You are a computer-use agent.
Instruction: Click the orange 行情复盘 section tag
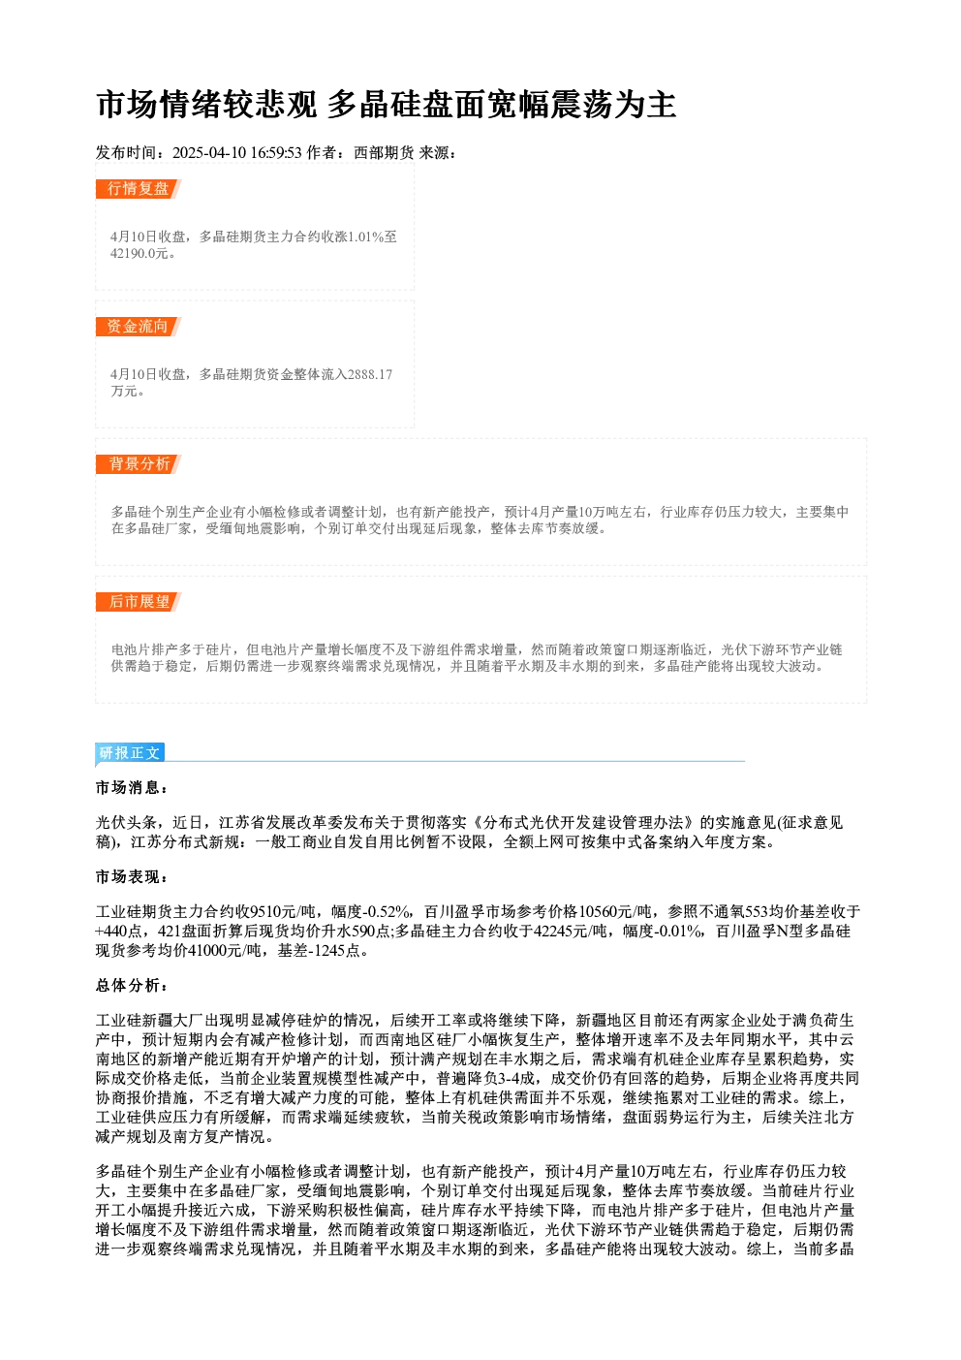click(x=139, y=189)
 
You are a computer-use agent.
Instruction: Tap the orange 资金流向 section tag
click(x=139, y=327)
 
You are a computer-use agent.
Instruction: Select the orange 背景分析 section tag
click(x=139, y=464)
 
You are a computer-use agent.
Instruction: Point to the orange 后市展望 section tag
click(x=139, y=602)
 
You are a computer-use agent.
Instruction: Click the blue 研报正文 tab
click(x=130, y=753)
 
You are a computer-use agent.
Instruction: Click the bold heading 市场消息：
click(x=133, y=788)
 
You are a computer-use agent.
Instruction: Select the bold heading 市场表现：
click(x=133, y=877)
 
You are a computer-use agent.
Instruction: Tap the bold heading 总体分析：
click(x=133, y=986)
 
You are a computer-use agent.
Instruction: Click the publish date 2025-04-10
click(x=209, y=153)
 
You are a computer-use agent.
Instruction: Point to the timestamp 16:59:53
click(x=276, y=153)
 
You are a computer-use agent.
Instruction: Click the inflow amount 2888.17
click(x=370, y=375)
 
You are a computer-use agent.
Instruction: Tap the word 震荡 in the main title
click(x=582, y=105)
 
